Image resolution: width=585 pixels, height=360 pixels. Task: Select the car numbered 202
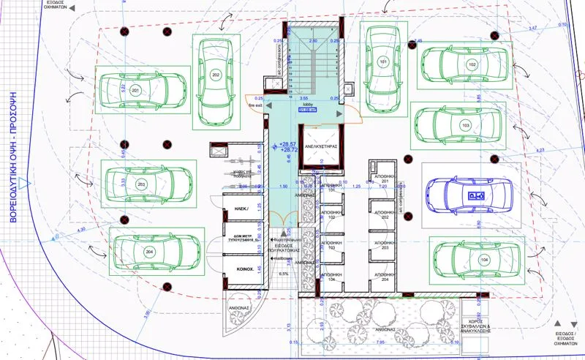click(x=216, y=75)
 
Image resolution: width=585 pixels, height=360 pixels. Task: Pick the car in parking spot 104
click(x=478, y=260)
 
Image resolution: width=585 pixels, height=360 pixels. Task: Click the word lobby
click(x=308, y=105)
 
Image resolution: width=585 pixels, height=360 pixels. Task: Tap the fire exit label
click(x=254, y=106)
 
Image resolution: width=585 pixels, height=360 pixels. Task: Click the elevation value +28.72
click(x=288, y=149)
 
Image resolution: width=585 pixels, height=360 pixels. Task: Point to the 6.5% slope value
click(x=284, y=274)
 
